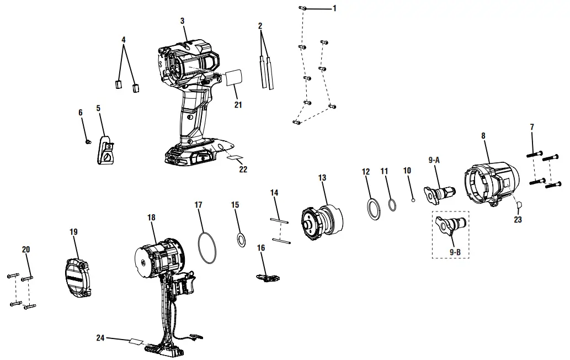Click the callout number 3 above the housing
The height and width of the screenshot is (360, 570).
182,21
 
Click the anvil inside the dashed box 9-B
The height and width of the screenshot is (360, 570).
451,226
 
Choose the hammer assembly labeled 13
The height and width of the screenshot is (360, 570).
321,224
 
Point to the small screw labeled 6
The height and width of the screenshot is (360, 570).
87,142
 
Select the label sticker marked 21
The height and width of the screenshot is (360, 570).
235,77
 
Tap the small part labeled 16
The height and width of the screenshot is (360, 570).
267,277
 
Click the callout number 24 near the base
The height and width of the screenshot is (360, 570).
100,337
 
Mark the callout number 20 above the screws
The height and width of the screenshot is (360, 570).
26,250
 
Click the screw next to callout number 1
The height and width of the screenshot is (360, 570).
303,9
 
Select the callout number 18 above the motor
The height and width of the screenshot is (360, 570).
151,218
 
